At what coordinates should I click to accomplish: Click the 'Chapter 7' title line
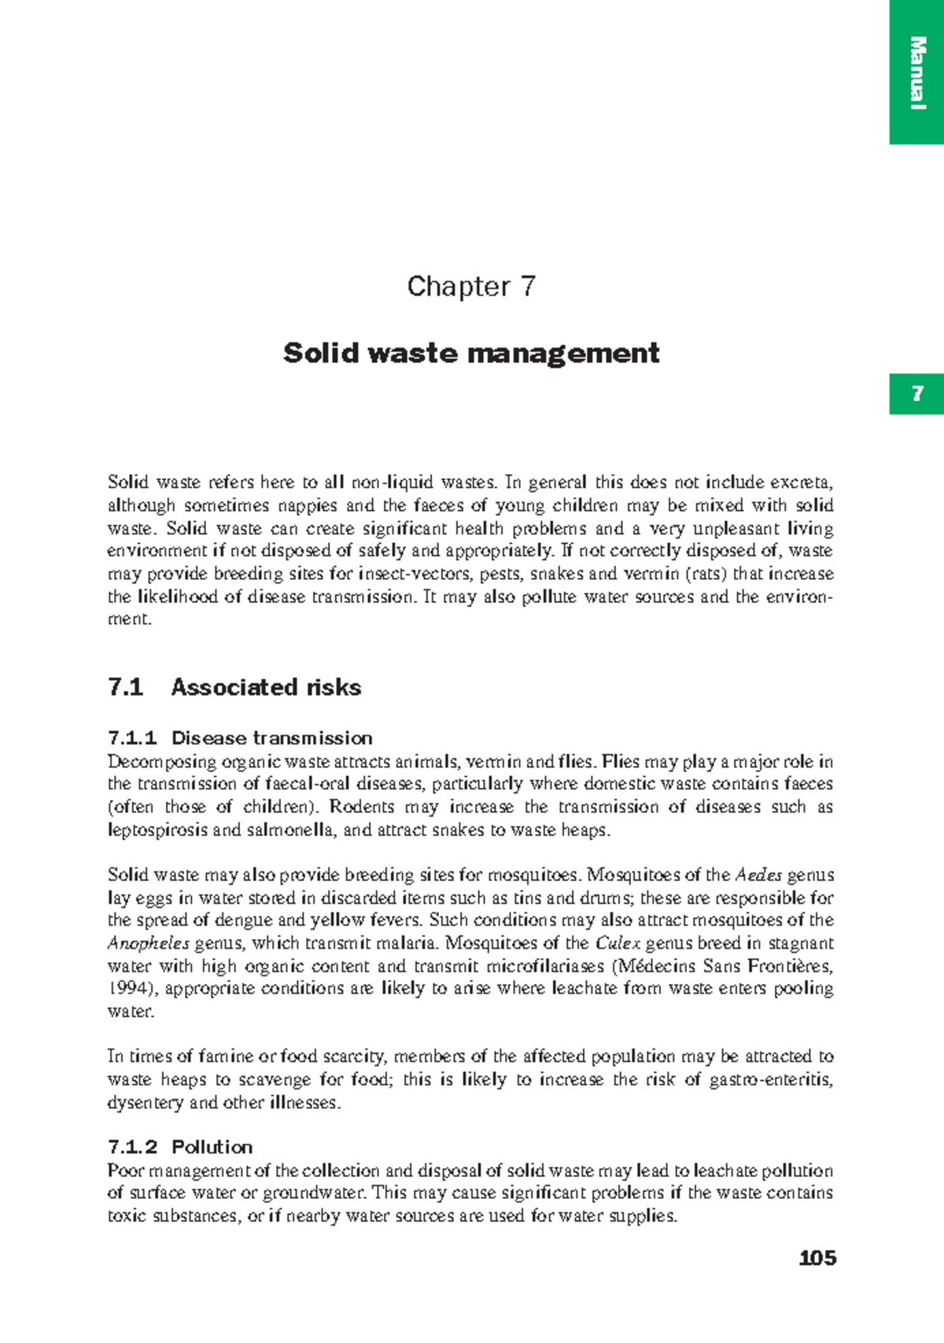click(471, 287)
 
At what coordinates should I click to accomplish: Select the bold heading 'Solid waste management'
click(471, 353)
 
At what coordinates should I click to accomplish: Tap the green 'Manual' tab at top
click(916, 72)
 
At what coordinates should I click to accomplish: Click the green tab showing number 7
click(916, 394)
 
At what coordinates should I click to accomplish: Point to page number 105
click(817, 1258)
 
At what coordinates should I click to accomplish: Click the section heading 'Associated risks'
click(266, 687)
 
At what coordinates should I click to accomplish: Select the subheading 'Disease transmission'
click(271, 738)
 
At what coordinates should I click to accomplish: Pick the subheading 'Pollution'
click(212, 1147)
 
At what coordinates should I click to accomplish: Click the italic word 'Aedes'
click(758, 875)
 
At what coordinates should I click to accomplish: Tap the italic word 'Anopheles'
click(148, 943)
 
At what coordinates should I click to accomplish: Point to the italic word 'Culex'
click(618, 943)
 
